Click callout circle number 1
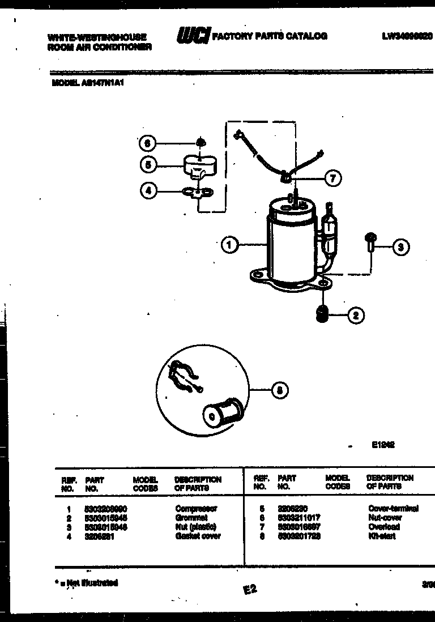click(229, 245)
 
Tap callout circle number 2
click(356, 316)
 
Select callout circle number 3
click(401, 246)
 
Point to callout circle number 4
click(148, 191)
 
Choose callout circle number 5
click(148, 165)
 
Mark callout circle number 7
click(332, 178)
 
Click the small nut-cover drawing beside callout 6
click(199, 142)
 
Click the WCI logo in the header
click(193, 36)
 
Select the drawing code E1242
click(383, 445)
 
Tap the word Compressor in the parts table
click(196, 509)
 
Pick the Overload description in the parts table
click(383, 527)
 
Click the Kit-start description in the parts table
click(382, 536)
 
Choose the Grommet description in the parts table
click(191, 518)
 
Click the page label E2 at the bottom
click(250, 590)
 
